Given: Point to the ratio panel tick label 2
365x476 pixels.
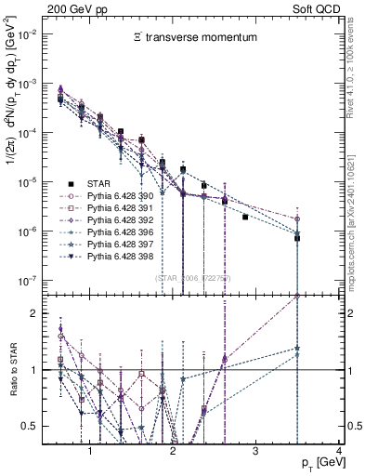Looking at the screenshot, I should [35, 313].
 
